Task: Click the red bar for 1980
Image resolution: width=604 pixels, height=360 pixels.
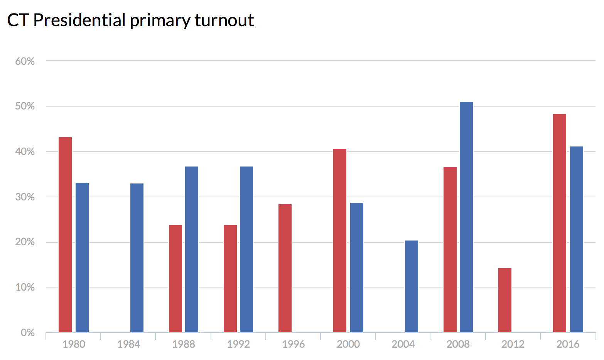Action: pyautogui.click(x=65, y=235)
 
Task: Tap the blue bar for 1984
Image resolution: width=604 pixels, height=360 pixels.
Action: pyautogui.click(x=137, y=258)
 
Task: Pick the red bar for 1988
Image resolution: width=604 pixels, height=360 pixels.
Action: pyautogui.click(x=175, y=279)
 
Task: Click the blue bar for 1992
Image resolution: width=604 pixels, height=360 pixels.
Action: pyautogui.click(x=246, y=249)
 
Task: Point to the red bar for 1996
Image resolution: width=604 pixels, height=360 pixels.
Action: pyautogui.click(x=285, y=268)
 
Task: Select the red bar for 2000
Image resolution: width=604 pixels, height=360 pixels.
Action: pyautogui.click(x=340, y=241)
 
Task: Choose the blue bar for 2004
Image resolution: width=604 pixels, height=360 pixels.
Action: pyautogui.click(x=412, y=286)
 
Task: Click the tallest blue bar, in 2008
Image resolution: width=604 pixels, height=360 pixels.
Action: pyautogui.click(x=466, y=217)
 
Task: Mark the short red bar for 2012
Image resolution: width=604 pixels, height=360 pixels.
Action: pyautogui.click(x=505, y=300)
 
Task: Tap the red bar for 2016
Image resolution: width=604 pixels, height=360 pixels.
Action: pyautogui.click(x=560, y=223)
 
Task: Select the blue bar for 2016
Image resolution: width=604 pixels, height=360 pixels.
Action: pyautogui.click(x=577, y=239)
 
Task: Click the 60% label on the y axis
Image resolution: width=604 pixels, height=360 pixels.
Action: pyautogui.click(x=25, y=61)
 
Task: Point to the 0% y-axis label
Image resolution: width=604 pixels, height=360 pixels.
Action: pyautogui.click(x=27, y=333)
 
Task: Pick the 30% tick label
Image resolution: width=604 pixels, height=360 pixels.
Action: pyautogui.click(x=25, y=197)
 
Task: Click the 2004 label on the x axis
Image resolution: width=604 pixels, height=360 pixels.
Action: pyautogui.click(x=403, y=344)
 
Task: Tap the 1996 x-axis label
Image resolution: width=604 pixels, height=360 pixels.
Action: pyautogui.click(x=294, y=344)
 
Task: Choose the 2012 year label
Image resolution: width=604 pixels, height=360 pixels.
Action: pyautogui.click(x=513, y=344)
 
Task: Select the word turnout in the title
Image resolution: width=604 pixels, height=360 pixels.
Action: pyautogui.click(x=224, y=20)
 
